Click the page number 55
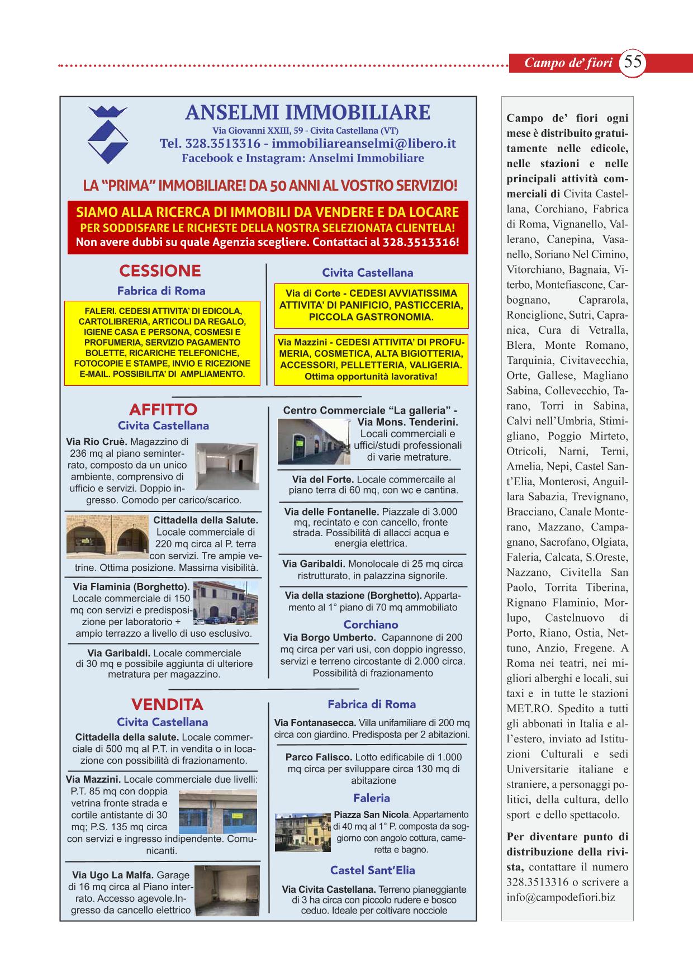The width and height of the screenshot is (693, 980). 633,61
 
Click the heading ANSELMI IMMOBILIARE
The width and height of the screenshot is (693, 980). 307,113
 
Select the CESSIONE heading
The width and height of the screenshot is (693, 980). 160,271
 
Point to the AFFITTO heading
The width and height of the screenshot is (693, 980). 163,409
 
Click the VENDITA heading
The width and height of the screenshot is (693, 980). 167,704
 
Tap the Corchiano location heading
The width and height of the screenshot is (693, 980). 371,624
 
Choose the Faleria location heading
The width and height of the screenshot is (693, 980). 371,798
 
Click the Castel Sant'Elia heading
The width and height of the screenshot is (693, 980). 372,870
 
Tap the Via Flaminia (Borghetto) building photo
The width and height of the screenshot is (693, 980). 226,602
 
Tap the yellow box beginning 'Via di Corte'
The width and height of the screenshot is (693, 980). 371,305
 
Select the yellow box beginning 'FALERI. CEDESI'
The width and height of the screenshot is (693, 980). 162,343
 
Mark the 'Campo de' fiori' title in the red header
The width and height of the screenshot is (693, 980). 568,63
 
